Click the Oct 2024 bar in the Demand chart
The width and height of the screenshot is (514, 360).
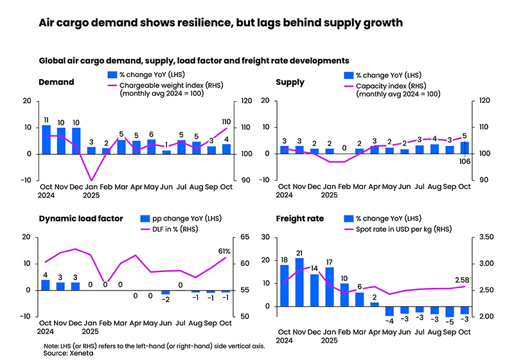pos(46,139)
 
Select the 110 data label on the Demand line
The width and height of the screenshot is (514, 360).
pos(226,122)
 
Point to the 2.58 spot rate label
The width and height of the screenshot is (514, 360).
pos(461,280)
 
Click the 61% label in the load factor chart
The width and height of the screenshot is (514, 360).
pos(225,251)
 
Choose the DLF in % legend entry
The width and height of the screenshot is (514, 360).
pos(155,229)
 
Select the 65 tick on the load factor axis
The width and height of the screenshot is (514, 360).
pos(245,237)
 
